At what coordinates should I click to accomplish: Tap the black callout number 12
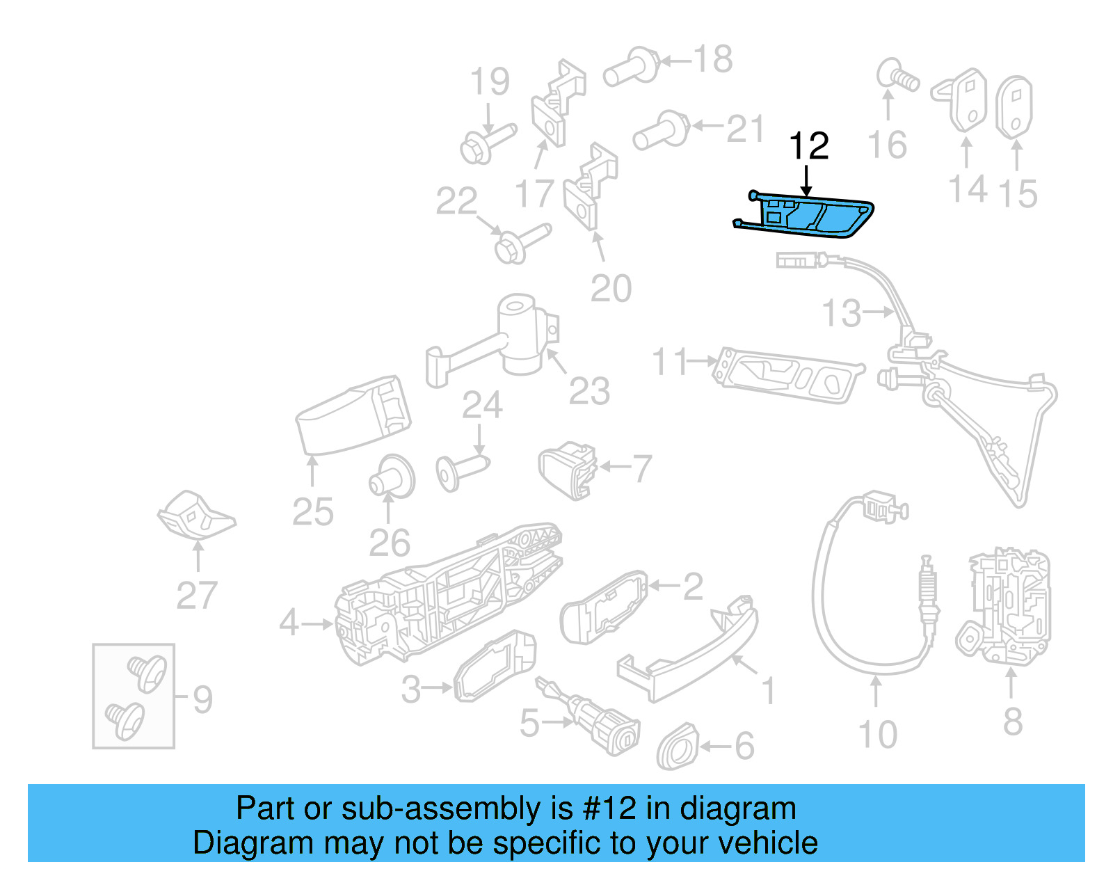(x=808, y=146)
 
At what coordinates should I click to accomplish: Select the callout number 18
(x=713, y=59)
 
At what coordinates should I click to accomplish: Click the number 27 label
(x=197, y=596)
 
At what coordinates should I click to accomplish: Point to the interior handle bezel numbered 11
(x=786, y=374)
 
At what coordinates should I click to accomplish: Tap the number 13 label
(x=842, y=313)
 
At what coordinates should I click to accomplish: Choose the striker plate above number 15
(x=1015, y=108)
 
